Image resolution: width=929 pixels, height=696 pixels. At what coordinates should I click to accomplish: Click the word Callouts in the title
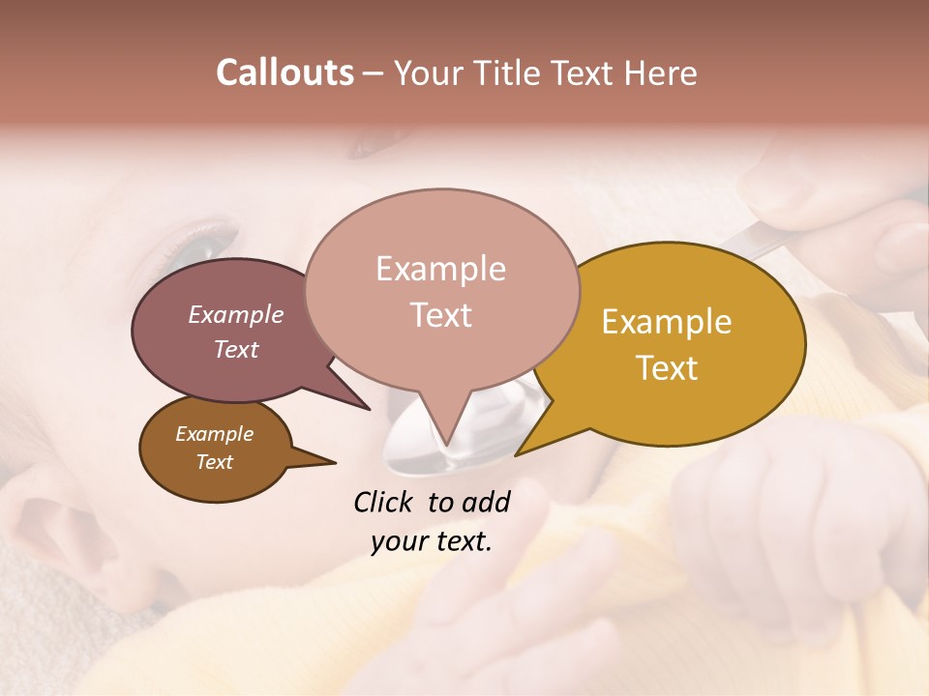[x=285, y=72]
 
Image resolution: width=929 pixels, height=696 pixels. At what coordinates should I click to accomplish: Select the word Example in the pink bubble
[x=440, y=269]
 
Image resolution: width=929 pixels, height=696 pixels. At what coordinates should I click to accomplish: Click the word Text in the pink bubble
[x=440, y=315]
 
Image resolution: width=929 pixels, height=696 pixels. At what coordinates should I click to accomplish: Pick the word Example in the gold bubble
[x=667, y=322]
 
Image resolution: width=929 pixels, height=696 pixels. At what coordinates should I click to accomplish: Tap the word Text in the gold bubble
[x=667, y=368]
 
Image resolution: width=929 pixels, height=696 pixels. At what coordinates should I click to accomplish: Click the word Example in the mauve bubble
[x=236, y=314]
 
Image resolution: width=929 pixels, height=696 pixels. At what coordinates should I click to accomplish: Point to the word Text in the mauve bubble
[x=236, y=349]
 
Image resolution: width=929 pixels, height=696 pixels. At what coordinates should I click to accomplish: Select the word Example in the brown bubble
[x=214, y=434]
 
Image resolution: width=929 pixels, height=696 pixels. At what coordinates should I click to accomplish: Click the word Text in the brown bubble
[x=214, y=462]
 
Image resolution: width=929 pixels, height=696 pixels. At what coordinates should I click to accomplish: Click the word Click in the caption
[x=384, y=502]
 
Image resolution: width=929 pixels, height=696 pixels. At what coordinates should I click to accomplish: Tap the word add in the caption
[x=486, y=502]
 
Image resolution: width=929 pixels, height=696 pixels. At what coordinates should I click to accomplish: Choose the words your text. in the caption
[x=432, y=541]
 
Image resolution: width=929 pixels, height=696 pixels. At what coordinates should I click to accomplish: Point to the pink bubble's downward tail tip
[x=446, y=446]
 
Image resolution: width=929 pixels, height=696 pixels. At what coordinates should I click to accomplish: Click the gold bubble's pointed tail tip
[x=516, y=454]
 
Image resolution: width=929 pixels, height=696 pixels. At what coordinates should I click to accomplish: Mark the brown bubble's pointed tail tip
[x=335, y=462]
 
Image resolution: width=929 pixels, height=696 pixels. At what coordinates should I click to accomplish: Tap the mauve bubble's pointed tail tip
[x=370, y=409]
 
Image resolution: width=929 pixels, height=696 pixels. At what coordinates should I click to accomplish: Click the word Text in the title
[x=589, y=72]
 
